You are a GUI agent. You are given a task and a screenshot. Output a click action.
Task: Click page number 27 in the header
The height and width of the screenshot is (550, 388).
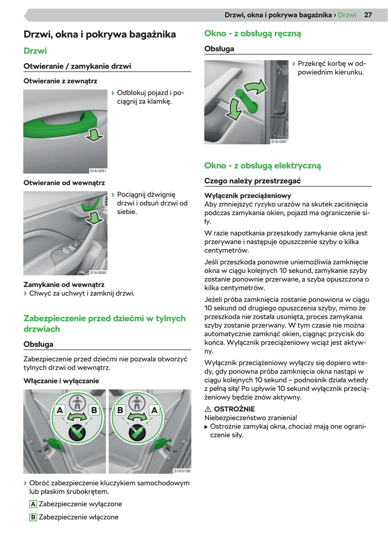(x=368, y=15)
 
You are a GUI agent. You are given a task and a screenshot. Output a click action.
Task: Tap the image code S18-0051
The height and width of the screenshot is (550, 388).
(x=98, y=171)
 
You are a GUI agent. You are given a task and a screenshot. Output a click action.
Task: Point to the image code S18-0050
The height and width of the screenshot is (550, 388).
(x=98, y=273)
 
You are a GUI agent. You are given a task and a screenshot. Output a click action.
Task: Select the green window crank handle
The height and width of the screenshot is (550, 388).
(x=247, y=101)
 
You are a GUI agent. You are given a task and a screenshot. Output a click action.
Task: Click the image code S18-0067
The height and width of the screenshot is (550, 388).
(x=279, y=142)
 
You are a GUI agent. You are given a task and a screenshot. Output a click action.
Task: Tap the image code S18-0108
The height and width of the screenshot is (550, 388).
(x=182, y=471)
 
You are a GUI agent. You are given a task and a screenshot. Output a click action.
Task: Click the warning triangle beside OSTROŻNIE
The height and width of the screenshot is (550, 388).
(x=208, y=409)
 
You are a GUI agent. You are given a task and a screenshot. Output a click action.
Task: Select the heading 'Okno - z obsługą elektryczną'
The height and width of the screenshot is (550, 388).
(x=263, y=166)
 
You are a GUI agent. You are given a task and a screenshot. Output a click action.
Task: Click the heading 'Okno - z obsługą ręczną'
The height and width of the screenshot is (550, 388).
(x=253, y=34)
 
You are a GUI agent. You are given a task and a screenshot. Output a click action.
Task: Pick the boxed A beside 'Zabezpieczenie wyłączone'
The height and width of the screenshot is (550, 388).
(x=33, y=504)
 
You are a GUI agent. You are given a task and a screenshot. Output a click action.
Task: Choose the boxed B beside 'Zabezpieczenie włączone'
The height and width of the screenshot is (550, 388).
(x=33, y=517)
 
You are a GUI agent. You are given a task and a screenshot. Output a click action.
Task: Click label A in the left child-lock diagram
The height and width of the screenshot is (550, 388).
(x=60, y=410)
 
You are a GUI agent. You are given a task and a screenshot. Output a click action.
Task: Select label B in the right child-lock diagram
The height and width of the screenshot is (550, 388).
(x=120, y=410)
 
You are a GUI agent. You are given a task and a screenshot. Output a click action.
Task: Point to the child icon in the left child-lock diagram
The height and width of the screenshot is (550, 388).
(x=77, y=403)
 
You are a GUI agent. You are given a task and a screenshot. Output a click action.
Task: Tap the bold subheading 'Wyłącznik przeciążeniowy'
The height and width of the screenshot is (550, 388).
(x=248, y=196)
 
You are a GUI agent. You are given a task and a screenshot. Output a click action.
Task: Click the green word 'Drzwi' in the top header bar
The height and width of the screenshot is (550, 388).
(x=347, y=15)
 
